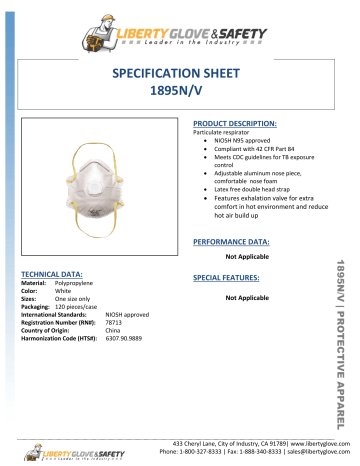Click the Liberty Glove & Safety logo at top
tap(179, 30)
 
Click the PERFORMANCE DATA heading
tap(228, 243)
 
